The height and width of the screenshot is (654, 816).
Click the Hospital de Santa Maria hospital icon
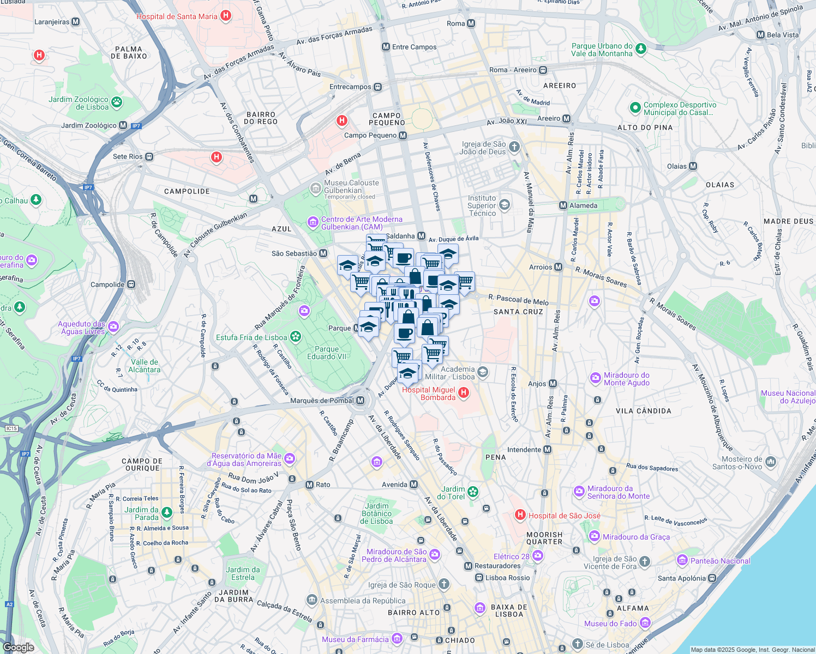(x=226, y=16)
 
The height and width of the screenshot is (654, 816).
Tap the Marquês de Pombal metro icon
(x=360, y=401)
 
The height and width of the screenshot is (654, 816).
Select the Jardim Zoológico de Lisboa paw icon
(x=117, y=102)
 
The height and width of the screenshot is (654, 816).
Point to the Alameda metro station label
(x=583, y=205)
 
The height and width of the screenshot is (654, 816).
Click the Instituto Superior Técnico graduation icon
(x=505, y=205)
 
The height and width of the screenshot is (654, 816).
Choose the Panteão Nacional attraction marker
(x=682, y=560)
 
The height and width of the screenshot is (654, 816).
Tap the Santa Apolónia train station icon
(x=712, y=578)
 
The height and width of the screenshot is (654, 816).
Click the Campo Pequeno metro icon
(x=403, y=135)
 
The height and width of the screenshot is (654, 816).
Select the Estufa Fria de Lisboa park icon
(x=296, y=337)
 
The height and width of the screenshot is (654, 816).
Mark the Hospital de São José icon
(x=520, y=515)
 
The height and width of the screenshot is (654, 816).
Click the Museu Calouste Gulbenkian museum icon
(x=315, y=189)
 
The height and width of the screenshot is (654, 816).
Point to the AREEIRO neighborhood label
(x=560, y=86)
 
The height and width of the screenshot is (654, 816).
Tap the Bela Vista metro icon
(x=760, y=35)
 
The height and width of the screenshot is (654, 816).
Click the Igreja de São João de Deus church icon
(x=514, y=147)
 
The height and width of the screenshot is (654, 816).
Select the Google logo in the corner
(x=18, y=647)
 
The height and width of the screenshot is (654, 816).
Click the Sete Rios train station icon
(x=149, y=156)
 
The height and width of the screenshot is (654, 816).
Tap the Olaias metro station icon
(x=693, y=166)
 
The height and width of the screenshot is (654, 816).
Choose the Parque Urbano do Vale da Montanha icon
(x=641, y=49)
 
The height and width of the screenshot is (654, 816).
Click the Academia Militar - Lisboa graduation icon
(x=482, y=372)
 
